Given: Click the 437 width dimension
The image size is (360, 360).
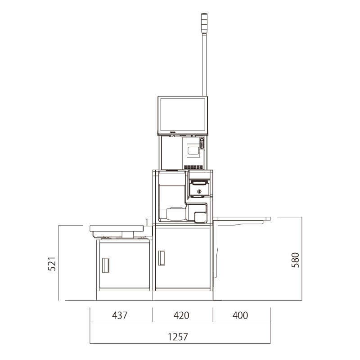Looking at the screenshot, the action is [120, 315].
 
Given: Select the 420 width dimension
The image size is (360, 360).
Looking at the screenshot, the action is [181, 315].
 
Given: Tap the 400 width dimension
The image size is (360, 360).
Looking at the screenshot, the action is [240, 315].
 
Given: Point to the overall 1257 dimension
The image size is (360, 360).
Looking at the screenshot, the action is [178, 337].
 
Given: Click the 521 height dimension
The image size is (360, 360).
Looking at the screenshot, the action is [52, 264].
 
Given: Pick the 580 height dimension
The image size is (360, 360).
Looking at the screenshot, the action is [295, 260].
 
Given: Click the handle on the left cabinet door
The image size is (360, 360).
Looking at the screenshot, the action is [105, 265].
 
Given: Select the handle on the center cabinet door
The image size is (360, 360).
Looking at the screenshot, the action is [162, 258].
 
